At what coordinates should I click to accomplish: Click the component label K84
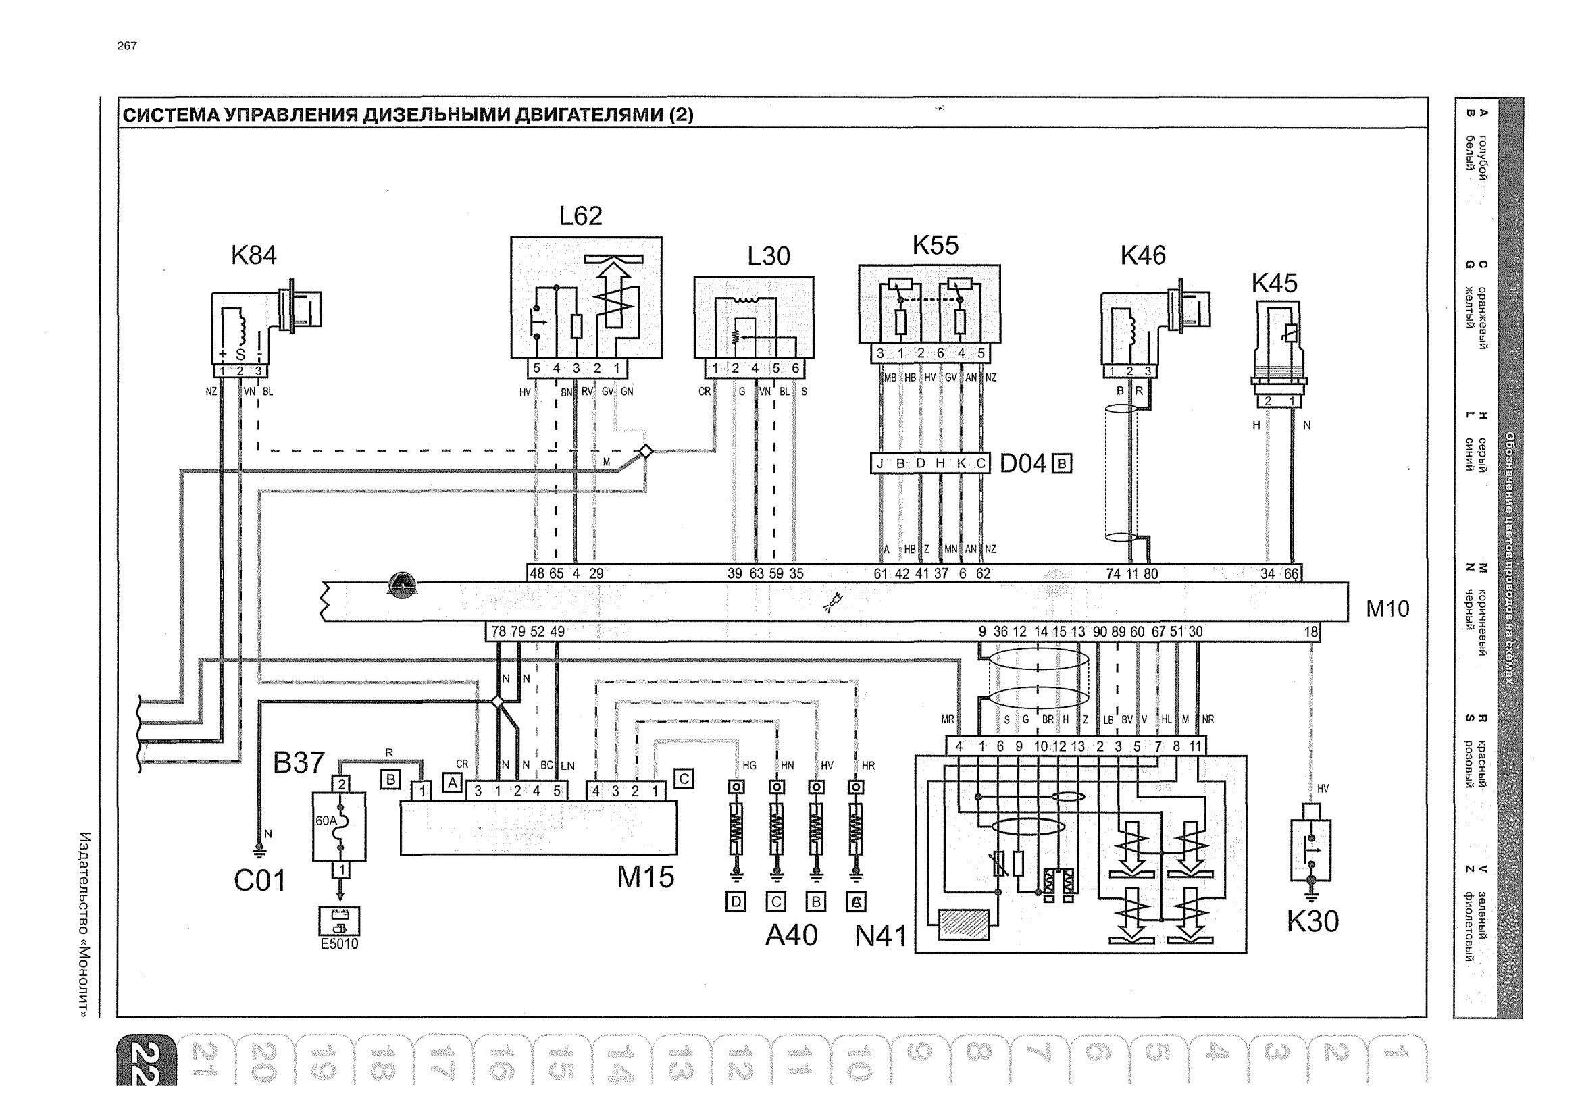[253, 256]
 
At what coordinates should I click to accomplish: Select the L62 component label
[580, 215]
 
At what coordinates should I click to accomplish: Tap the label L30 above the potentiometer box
[768, 257]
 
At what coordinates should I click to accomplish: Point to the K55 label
[935, 245]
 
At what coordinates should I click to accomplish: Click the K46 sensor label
[1142, 256]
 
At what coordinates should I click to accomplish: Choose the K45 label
[1274, 283]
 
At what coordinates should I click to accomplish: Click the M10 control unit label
[1387, 609]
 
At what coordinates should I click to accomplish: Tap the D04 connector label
[1023, 464]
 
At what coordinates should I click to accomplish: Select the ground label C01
[260, 881]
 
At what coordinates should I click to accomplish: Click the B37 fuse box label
[299, 762]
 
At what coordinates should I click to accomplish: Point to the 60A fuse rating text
[326, 821]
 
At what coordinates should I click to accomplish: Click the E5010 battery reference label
[339, 944]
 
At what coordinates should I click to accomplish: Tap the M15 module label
[645, 877]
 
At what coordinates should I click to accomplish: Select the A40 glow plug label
[791, 935]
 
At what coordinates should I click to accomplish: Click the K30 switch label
[1312, 921]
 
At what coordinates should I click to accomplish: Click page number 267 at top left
[127, 45]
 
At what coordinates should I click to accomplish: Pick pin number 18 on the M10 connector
[1310, 632]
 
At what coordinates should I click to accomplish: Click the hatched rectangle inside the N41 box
[964, 924]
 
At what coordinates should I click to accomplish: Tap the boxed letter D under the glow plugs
[736, 902]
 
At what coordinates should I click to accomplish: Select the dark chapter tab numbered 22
[146, 1062]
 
